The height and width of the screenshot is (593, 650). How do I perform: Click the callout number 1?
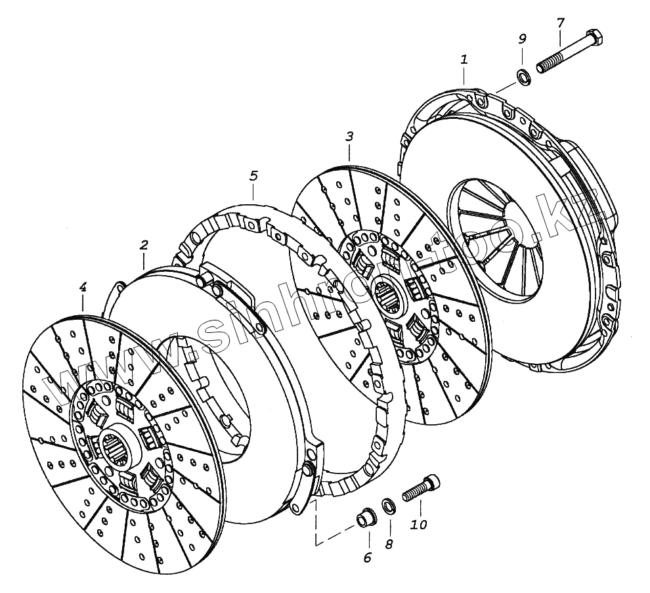(x=464, y=59)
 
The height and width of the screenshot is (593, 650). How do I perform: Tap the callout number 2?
(x=144, y=245)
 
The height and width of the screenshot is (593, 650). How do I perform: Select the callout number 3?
(x=349, y=137)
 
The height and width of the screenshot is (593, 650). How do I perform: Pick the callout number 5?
(x=253, y=175)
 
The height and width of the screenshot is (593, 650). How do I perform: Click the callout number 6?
(x=368, y=558)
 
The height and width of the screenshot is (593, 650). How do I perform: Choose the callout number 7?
(x=560, y=22)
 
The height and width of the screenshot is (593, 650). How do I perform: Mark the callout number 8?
(x=389, y=544)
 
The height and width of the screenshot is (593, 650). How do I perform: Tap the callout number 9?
(x=522, y=39)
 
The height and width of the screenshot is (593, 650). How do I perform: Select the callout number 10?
(x=419, y=525)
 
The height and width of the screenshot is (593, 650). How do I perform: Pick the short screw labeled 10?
(x=418, y=489)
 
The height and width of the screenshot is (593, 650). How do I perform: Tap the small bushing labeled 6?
(x=364, y=519)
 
